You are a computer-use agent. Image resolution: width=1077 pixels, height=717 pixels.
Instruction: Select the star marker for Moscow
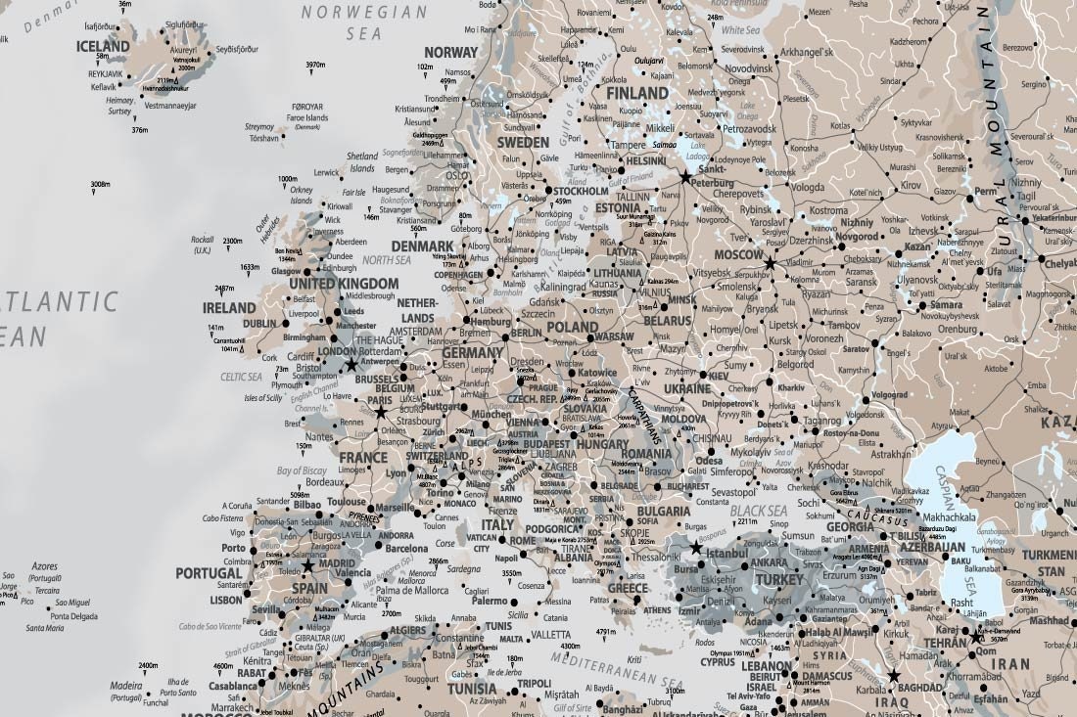(770, 263)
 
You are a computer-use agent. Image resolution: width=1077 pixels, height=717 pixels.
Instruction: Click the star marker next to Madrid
(307, 565)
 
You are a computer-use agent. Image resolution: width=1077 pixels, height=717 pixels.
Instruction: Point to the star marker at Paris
(381, 412)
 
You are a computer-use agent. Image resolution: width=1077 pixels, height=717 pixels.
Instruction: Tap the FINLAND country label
(637, 93)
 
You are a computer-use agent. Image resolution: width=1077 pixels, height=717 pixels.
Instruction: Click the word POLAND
(572, 327)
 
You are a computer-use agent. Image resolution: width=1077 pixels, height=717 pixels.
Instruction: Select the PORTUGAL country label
(209, 573)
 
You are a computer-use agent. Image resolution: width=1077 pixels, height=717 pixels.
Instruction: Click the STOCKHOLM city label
(582, 192)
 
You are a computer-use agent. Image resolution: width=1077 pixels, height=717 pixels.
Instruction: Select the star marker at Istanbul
(696, 547)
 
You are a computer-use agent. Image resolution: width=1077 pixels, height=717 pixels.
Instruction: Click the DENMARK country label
(422, 246)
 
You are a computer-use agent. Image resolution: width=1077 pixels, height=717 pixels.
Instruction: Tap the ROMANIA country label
(645, 455)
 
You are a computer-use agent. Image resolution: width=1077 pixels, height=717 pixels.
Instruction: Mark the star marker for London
(351, 364)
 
